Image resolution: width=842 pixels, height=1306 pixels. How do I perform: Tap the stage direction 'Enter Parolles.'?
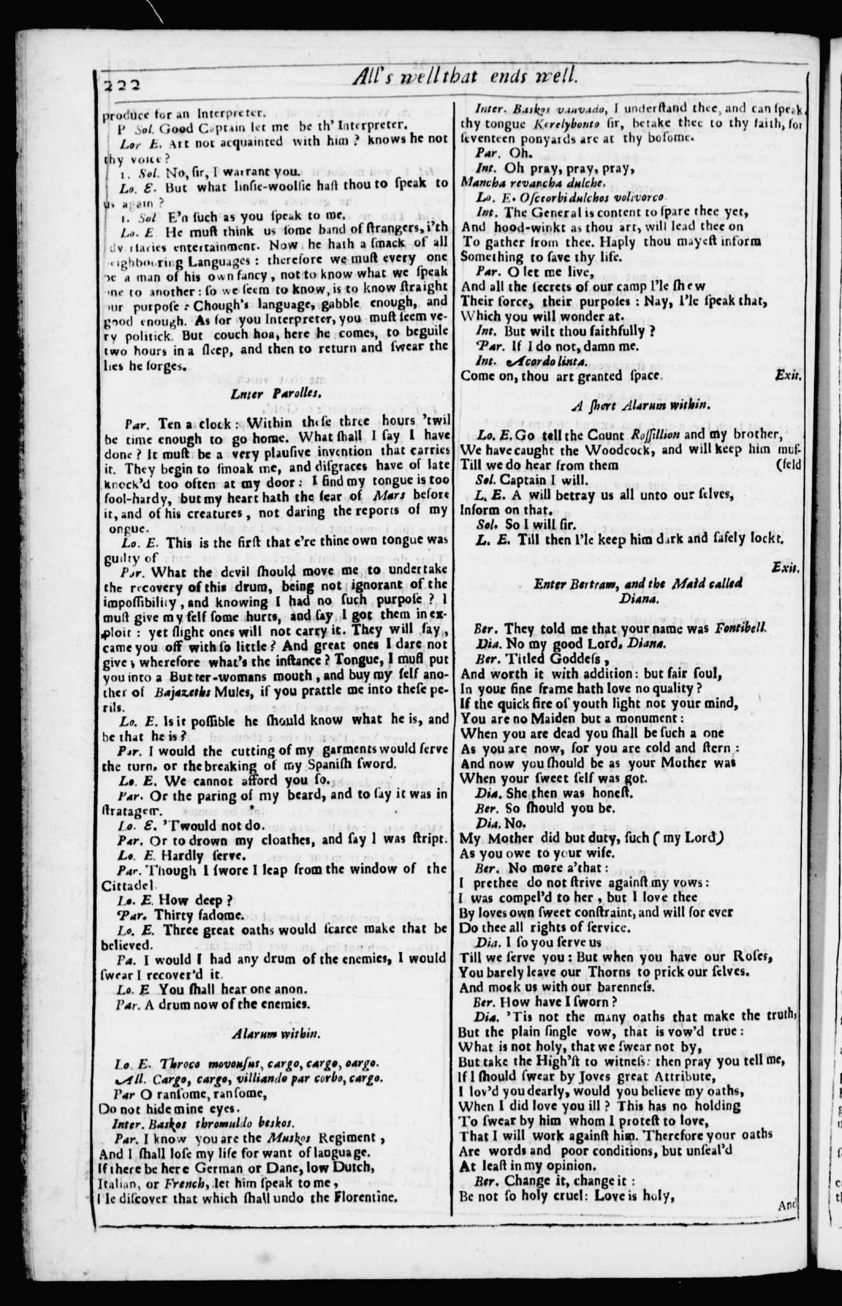(x=275, y=393)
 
